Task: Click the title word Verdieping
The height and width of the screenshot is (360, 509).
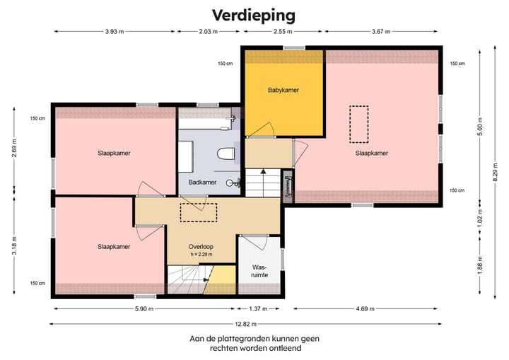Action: pos(254,15)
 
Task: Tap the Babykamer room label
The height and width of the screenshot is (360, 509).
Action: pos(283,90)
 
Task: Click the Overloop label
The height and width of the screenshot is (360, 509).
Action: pos(201,246)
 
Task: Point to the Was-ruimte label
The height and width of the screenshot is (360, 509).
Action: pos(260,271)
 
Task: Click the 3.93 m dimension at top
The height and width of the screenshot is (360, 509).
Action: pos(115,31)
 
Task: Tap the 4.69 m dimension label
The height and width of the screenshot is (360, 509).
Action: pos(365,308)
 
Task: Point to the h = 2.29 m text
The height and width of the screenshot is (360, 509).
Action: pos(201,254)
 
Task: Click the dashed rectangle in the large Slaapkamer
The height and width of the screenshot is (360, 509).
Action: pos(358,124)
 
